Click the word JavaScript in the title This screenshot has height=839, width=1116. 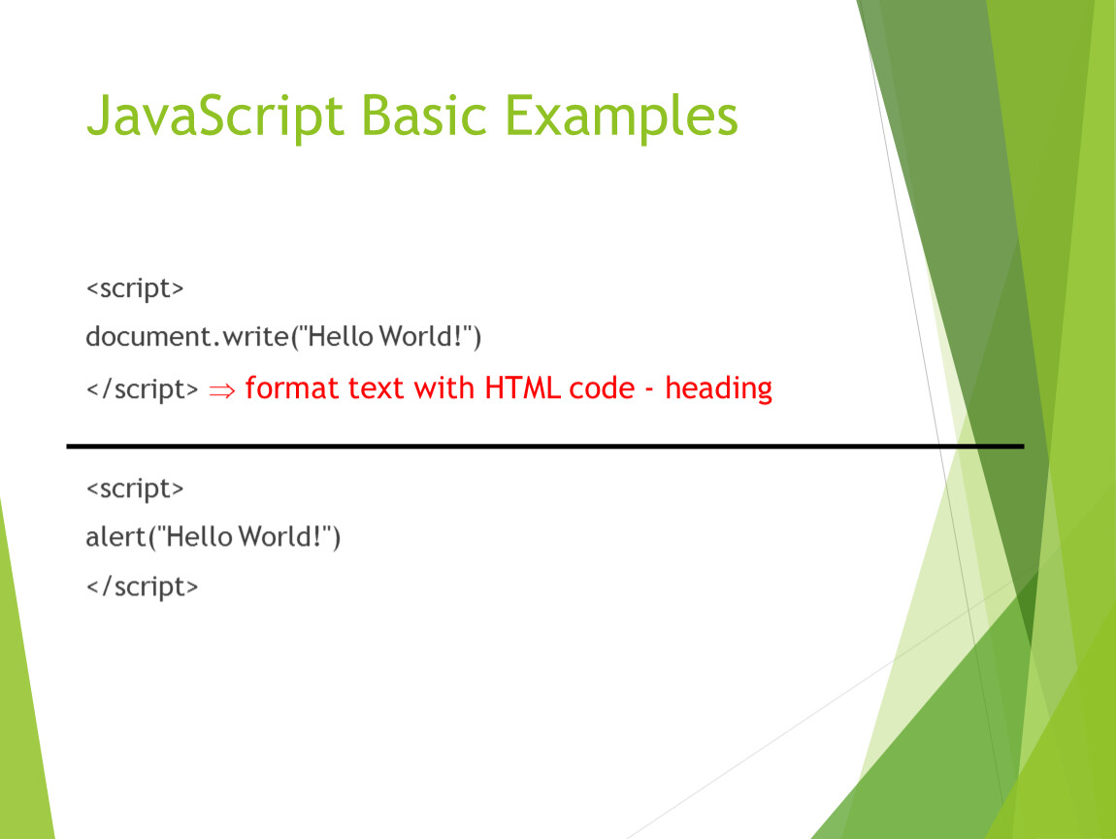click(x=214, y=117)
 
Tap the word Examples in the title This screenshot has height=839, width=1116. click(x=621, y=117)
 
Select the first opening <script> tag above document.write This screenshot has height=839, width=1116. click(x=135, y=288)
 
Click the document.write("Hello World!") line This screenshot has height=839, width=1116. click(x=283, y=336)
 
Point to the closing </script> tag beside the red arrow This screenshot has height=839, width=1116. click(x=142, y=388)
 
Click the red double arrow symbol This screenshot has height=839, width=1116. click(x=221, y=390)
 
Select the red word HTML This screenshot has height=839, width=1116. click(x=522, y=388)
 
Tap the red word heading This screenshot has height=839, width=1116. click(x=718, y=389)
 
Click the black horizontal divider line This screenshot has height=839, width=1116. click(x=545, y=447)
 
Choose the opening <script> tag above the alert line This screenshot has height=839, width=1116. click(x=135, y=488)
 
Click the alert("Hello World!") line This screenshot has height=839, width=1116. click(x=213, y=536)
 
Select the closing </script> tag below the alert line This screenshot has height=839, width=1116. click(x=142, y=587)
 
